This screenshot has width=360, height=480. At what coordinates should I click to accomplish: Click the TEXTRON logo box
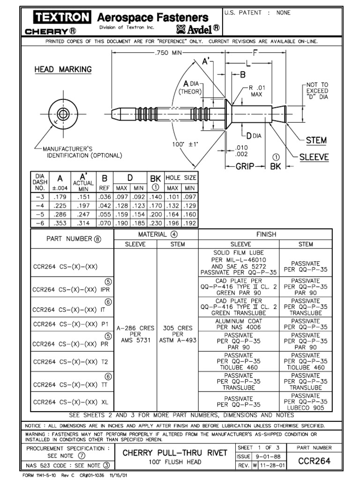click(x=61, y=18)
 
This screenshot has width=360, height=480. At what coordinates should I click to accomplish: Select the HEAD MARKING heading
click(x=63, y=69)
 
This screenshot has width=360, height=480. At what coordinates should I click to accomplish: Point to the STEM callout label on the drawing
click(x=316, y=140)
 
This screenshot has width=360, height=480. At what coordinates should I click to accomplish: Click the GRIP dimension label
click(x=244, y=166)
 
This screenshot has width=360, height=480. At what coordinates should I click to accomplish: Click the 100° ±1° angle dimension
click(x=185, y=144)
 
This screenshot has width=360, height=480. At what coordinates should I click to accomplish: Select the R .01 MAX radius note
click(x=257, y=91)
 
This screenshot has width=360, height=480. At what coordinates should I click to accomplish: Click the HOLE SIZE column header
click(x=181, y=178)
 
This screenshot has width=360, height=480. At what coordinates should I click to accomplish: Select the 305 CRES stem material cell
click(x=177, y=334)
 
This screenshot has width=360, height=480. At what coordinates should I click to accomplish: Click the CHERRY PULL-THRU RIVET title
click(x=174, y=453)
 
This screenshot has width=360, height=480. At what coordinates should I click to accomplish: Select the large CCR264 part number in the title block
click(x=315, y=461)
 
